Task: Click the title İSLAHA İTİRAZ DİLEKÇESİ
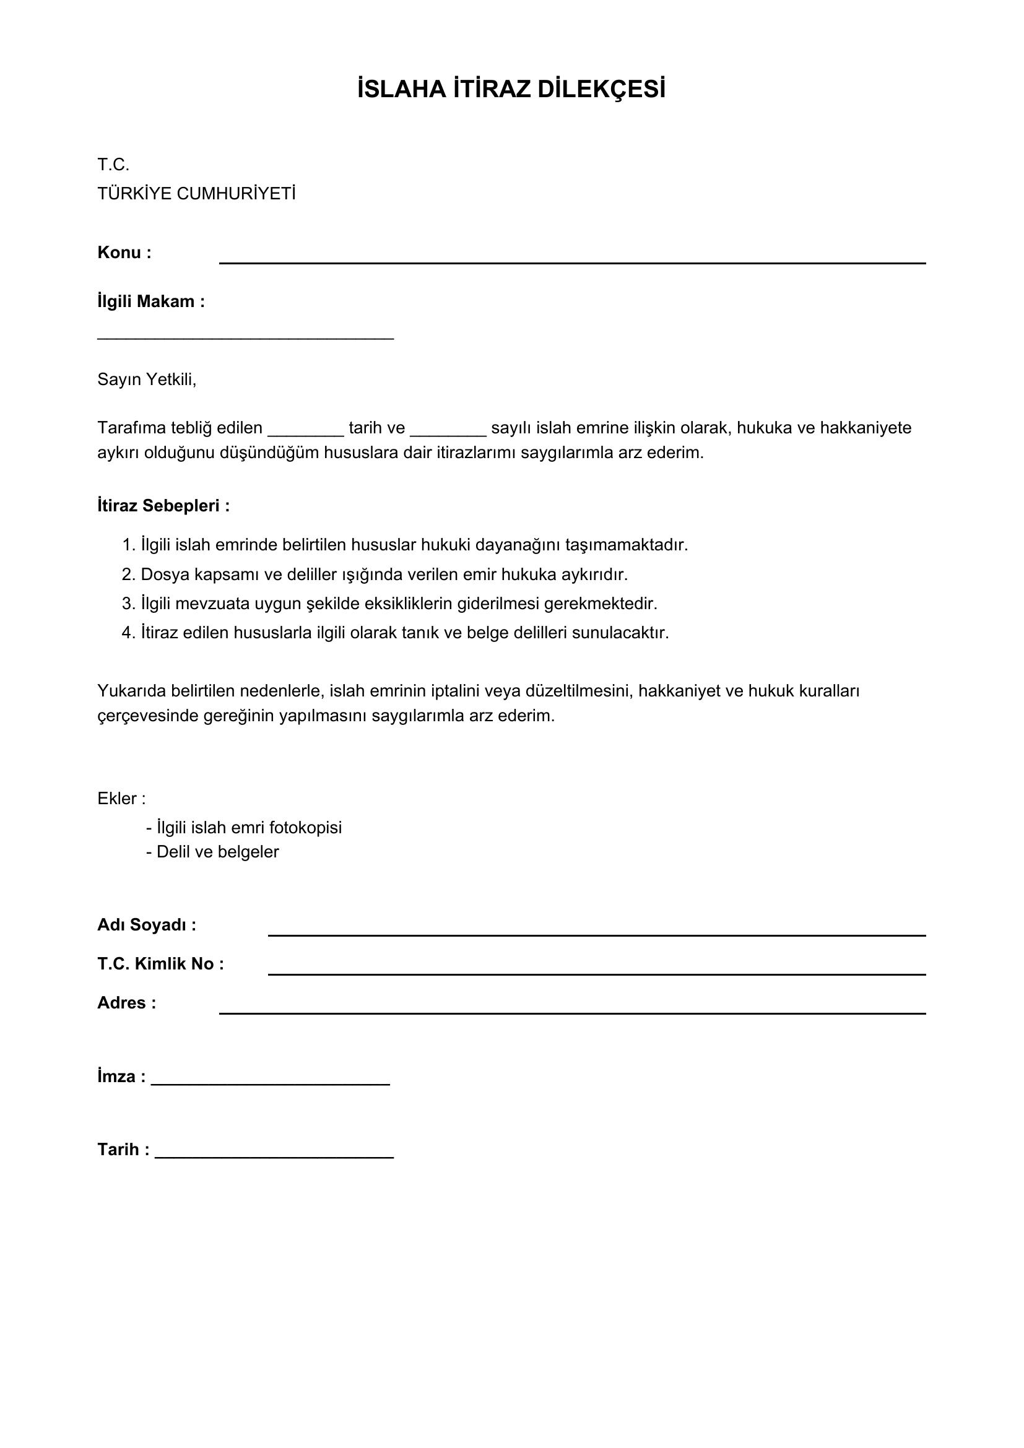tap(511, 90)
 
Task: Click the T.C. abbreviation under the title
tap(113, 165)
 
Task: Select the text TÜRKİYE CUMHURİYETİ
tap(196, 194)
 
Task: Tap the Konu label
tap(124, 253)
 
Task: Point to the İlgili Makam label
tap(150, 301)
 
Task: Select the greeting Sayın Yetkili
tap(147, 379)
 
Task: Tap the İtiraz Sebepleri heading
tap(163, 506)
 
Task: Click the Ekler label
tap(122, 799)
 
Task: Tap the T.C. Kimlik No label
tap(161, 965)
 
